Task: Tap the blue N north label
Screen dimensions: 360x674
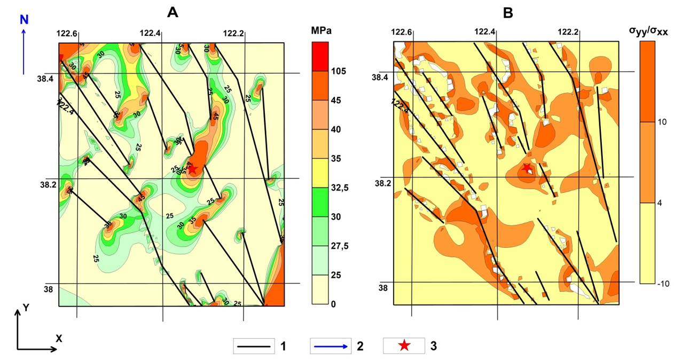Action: pos(24,20)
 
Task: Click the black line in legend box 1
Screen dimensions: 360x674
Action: pos(254,347)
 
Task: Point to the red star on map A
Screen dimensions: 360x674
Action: pos(193,169)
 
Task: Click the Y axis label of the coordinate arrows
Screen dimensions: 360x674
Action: pos(25,308)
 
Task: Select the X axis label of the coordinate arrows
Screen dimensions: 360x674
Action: pos(59,338)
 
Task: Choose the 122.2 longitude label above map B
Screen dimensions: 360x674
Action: pos(568,32)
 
